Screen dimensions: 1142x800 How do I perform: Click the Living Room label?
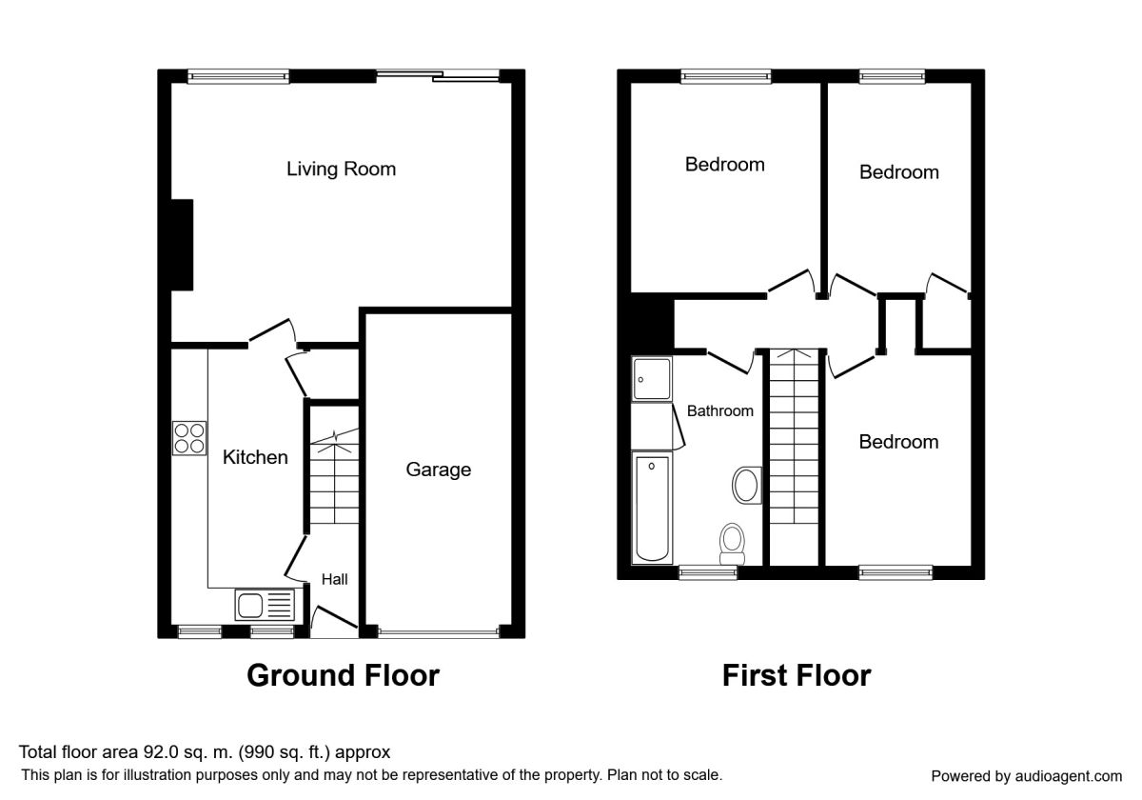coord(341,169)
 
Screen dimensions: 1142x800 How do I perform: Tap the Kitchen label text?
coord(255,457)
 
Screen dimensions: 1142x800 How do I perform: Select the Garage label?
coord(439,470)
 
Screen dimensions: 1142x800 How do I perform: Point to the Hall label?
coord(334,579)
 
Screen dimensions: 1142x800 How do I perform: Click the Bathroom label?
coord(719,410)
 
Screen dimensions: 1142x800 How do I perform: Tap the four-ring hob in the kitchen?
coord(189,438)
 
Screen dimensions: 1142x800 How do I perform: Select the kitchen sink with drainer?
coord(265,605)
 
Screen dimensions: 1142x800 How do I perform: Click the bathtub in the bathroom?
coord(652,509)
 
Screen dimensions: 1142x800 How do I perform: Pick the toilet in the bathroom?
coord(733,544)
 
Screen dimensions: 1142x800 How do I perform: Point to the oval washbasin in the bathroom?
coord(746,485)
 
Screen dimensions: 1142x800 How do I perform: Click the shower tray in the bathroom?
coord(652,379)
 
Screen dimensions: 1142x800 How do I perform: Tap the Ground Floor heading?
coord(344,675)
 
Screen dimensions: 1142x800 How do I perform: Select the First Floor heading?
coord(797,675)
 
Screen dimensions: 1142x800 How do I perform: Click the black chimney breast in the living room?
coord(182,245)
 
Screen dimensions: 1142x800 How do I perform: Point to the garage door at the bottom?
coord(439,633)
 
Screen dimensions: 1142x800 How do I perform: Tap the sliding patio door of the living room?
coord(438,76)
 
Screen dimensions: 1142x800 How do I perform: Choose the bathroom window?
coord(708,573)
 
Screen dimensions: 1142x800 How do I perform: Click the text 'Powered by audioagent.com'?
coord(1026,776)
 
